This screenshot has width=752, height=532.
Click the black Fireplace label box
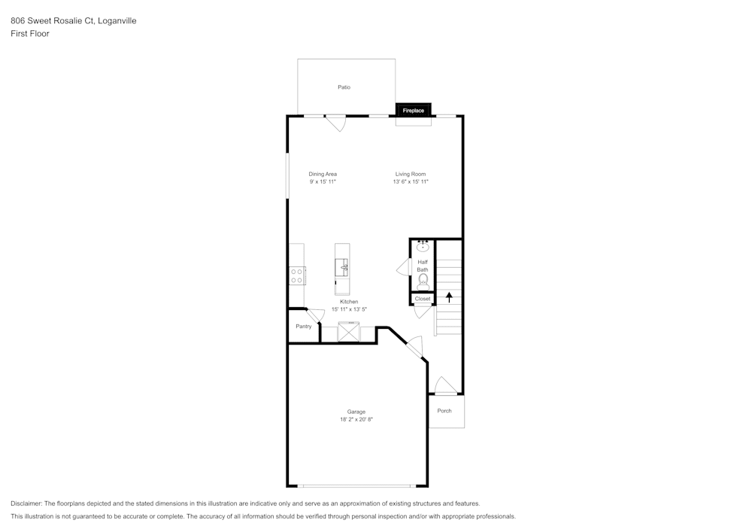[414, 111]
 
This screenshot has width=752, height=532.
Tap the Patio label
[344, 87]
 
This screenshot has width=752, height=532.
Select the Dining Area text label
[323, 174]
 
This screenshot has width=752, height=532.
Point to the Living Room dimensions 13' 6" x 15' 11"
[411, 181]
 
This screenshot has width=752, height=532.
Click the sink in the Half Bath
[423, 246]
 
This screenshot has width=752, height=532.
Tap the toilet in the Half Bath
[423, 282]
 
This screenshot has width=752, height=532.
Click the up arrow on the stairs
[449, 296]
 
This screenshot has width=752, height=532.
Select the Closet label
[423, 299]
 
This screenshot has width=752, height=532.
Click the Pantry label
[303, 327]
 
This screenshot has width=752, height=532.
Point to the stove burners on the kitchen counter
[297, 275]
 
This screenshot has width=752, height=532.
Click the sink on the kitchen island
[342, 266]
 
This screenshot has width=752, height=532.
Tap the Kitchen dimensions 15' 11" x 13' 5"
[349, 309]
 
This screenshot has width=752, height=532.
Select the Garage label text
[356, 412]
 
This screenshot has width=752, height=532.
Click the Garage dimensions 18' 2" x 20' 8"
[356, 419]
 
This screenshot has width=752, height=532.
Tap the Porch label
[444, 411]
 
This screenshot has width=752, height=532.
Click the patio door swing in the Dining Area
[335, 123]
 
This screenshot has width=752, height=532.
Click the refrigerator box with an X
[349, 332]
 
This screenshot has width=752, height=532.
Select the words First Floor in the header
[30, 34]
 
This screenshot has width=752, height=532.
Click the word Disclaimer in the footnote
[26, 503]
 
